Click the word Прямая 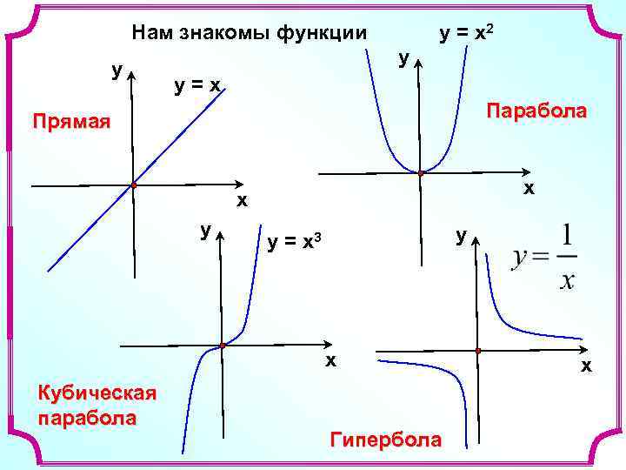[x=70, y=121]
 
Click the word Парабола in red [x=536, y=111]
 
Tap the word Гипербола [x=386, y=440]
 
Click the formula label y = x [x=198, y=84]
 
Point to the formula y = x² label [x=468, y=34]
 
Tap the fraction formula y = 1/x [x=545, y=258]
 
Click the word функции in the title [x=321, y=34]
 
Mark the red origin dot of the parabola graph [x=421, y=173]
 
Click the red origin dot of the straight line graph [x=133, y=185]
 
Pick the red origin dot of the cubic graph [x=223, y=346]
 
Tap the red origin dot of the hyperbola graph [x=478, y=351]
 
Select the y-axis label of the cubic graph [x=205, y=230]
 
